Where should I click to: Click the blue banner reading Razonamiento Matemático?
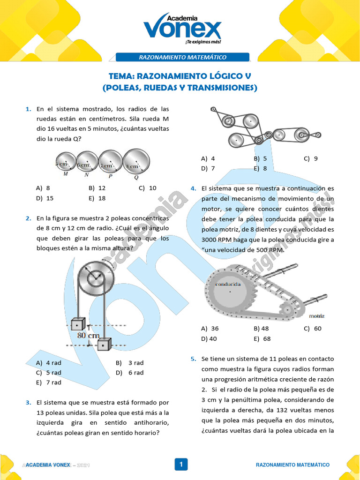coord(182,57)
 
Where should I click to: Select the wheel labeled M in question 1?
coord(65,162)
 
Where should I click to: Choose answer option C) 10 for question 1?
coord(148,188)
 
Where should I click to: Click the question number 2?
coord(28,218)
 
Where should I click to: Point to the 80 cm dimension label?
coord(88,336)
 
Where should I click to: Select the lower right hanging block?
coord(104,345)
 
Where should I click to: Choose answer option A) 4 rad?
coord(48,363)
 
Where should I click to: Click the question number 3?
coord(28,402)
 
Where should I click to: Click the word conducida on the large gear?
coord(228,284)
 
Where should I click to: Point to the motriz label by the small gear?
coord(317,316)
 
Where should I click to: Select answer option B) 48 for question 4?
coord(261,329)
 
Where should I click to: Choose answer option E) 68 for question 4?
coord(262,338)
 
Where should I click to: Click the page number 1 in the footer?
coord(180,465)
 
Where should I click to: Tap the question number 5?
coord(193,359)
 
